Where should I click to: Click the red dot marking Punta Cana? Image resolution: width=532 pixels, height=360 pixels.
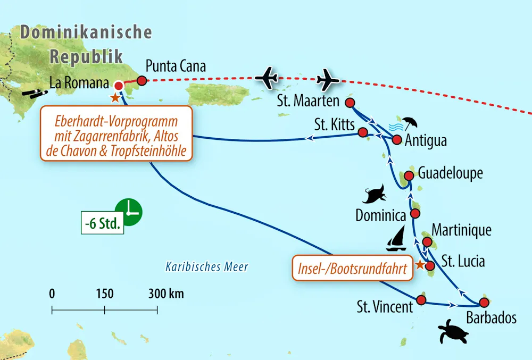(x=142, y=81)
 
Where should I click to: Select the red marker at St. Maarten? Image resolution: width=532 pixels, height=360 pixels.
(x=350, y=102)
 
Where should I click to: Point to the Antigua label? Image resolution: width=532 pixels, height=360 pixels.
(x=426, y=141)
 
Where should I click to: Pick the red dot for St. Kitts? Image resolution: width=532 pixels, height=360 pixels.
(x=363, y=132)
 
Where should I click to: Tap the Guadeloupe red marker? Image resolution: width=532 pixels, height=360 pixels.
(x=409, y=175)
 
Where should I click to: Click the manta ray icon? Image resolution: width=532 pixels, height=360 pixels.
(x=376, y=195)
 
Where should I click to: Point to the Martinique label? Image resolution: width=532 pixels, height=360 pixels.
(x=461, y=230)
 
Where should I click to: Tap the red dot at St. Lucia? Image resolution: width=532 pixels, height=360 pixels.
(x=430, y=265)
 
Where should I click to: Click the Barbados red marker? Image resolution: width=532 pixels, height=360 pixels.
(x=484, y=303)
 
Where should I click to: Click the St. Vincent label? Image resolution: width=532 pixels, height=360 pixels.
(x=385, y=306)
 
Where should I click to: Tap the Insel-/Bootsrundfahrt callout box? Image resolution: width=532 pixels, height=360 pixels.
(x=353, y=269)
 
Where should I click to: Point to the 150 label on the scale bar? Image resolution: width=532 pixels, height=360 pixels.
(x=104, y=294)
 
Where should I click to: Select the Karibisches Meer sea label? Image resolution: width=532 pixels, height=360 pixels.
(x=206, y=266)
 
